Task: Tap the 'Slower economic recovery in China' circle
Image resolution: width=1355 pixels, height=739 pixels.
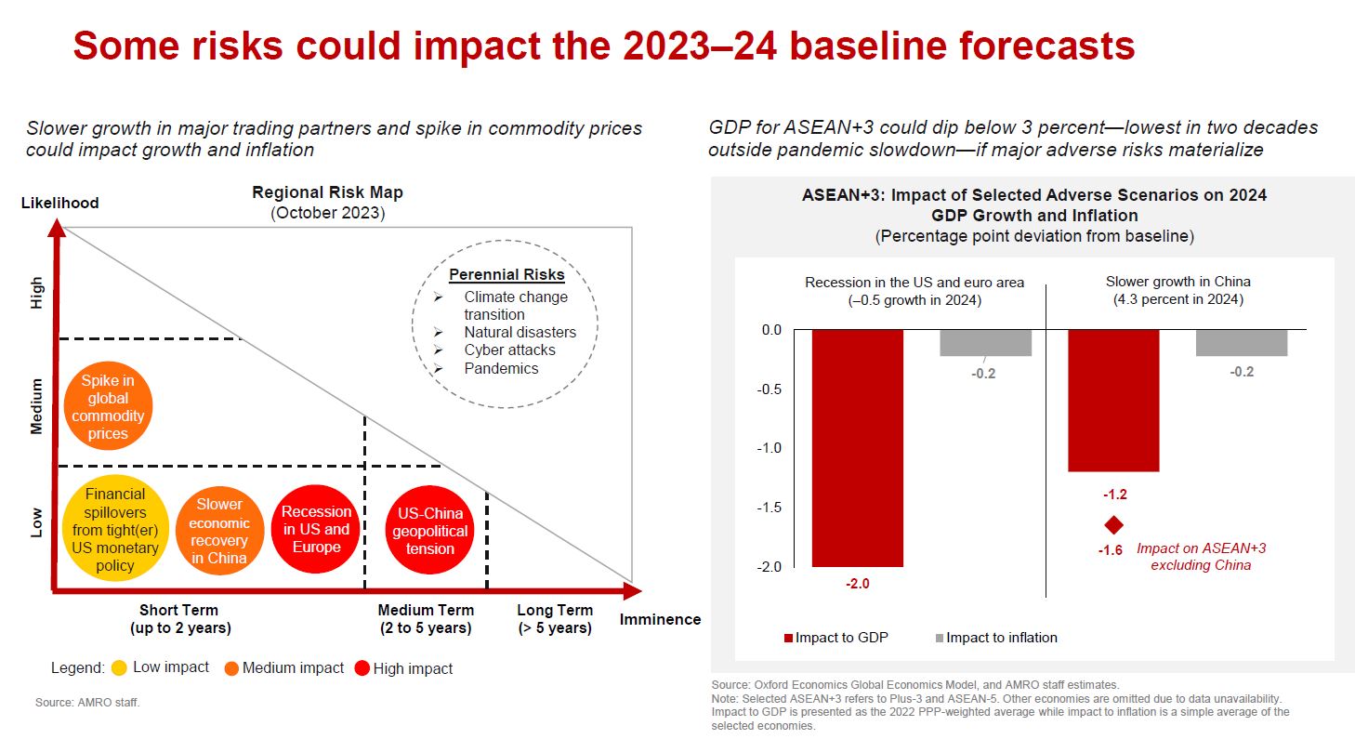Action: pos(219,531)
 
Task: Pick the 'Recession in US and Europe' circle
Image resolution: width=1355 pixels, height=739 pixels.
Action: pos(316,529)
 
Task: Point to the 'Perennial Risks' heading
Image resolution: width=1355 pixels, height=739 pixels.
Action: pos(506,275)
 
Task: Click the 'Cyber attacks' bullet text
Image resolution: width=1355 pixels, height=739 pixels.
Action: pos(509,350)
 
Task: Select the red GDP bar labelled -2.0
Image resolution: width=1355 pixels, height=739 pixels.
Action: pos(857,447)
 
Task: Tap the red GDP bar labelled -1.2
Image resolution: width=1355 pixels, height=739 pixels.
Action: pos(1113,401)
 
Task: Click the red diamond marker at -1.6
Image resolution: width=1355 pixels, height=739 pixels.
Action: pos(1112,525)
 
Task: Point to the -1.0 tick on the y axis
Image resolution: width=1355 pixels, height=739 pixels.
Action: pos(770,448)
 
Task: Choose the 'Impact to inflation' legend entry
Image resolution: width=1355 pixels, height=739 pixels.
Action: pos(995,638)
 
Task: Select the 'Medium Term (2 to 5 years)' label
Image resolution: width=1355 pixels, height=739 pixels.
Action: pos(426,619)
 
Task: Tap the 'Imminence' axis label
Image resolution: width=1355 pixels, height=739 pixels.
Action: pos(660,620)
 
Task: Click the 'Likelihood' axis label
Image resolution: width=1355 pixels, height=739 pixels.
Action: pos(59,203)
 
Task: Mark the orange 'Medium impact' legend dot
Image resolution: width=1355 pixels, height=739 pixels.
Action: pos(231,668)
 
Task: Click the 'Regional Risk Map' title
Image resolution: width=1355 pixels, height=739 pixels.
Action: pos(327,193)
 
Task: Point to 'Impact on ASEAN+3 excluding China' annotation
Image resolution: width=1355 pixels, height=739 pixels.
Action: pos(1201,557)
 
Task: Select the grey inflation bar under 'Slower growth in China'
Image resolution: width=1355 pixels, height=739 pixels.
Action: pos(1241,342)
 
